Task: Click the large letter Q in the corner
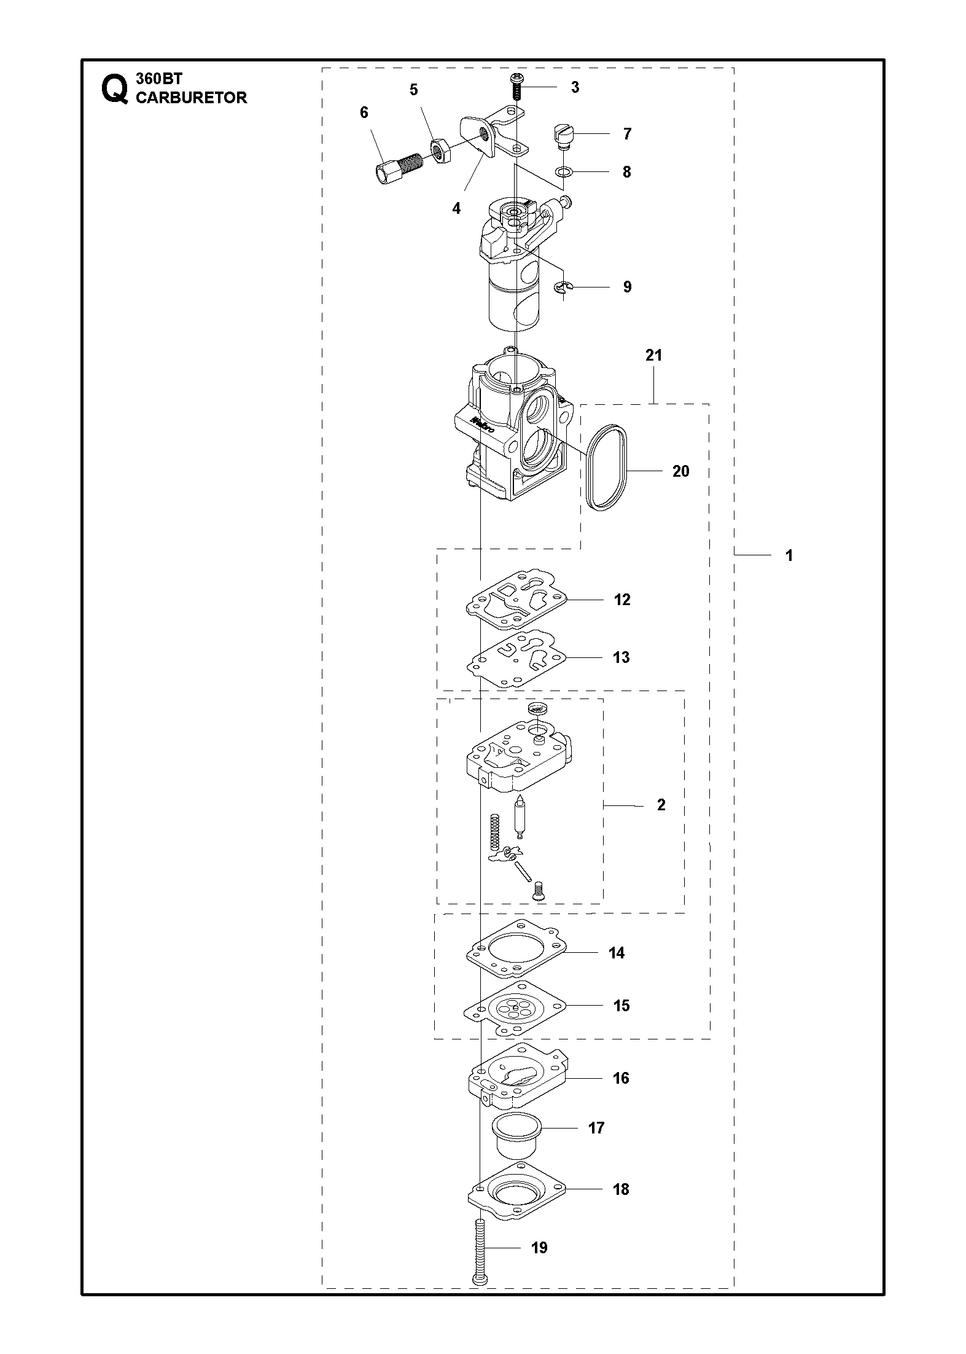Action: [115, 89]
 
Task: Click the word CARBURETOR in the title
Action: [191, 98]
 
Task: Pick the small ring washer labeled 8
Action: [565, 171]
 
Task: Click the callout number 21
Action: [654, 355]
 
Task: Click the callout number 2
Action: [661, 805]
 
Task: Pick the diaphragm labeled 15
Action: [515, 1007]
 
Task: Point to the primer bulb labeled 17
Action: [517, 1131]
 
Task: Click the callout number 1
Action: [789, 555]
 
